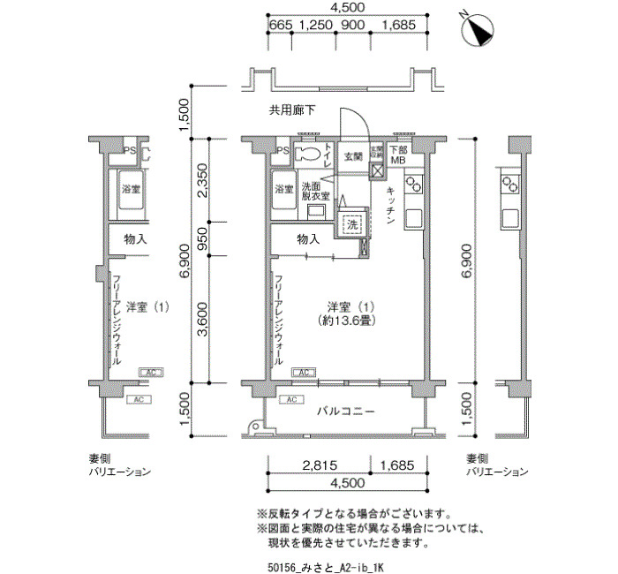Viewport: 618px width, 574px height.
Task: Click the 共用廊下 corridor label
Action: coord(292,110)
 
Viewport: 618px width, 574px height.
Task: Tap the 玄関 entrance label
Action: coord(353,156)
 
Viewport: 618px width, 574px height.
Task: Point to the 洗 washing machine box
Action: coord(352,223)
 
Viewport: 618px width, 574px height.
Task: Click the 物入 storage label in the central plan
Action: coord(308,239)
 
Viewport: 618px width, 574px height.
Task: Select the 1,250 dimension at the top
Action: coord(315,25)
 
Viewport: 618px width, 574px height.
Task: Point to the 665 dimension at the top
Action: coord(279,25)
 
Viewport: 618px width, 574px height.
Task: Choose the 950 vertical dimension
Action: coord(202,239)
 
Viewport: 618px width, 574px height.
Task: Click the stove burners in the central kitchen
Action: coord(413,185)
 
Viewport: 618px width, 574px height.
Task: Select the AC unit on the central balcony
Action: coord(292,400)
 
